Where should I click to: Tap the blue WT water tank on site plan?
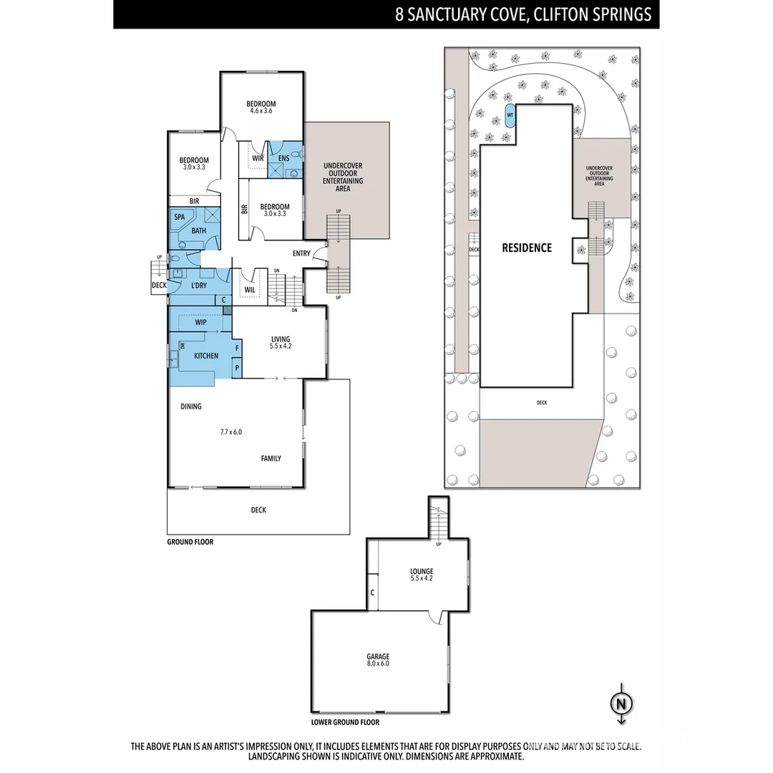[510, 115]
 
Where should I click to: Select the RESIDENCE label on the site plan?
[526, 248]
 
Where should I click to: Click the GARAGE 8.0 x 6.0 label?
[379, 659]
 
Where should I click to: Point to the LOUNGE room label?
[422, 574]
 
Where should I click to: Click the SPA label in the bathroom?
[180, 217]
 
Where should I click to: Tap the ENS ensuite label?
[283, 158]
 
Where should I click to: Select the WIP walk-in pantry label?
[200, 323]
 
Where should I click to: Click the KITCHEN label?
[206, 356]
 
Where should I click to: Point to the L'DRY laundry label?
[199, 286]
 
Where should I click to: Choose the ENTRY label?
[301, 253]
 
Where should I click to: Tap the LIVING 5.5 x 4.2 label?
[280, 342]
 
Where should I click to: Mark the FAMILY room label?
[271, 459]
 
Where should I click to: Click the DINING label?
[191, 407]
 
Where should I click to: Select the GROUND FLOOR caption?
[190, 543]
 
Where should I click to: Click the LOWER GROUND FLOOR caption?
[345, 723]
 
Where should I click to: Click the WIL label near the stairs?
[250, 290]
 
